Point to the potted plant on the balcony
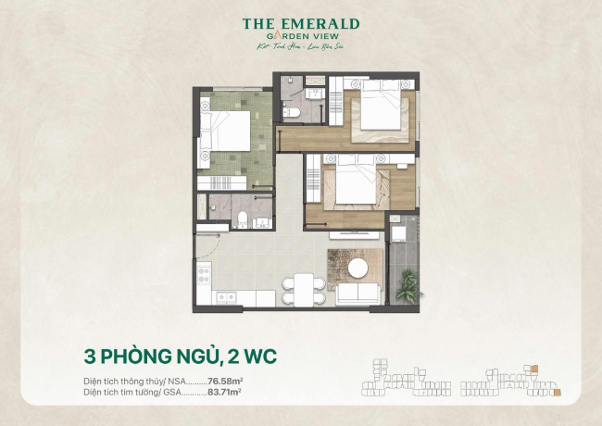407,286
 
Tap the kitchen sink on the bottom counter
224,298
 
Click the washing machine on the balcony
399,229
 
